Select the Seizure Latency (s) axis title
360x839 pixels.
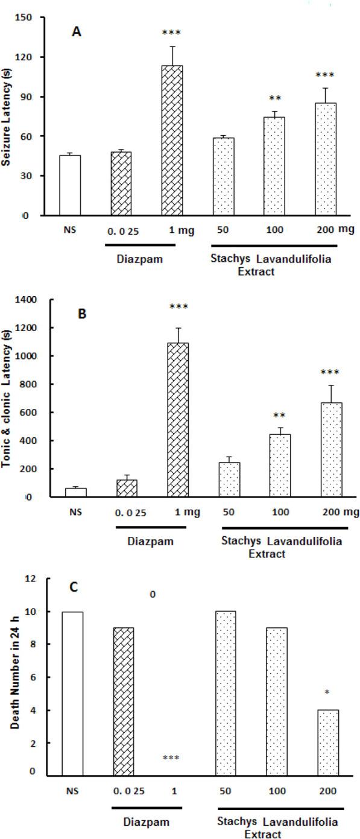pos(8,115)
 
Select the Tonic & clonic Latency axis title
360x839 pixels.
pos(8,398)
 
